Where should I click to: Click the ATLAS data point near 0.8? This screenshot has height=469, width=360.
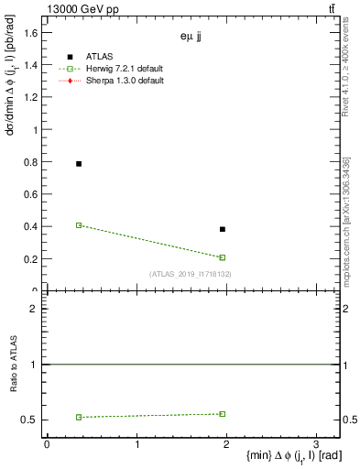(x=79, y=164)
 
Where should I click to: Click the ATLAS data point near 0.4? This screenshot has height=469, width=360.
(x=223, y=229)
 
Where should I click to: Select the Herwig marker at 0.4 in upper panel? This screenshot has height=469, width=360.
(x=79, y=224)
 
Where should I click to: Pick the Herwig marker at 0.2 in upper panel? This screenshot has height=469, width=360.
(x=223, y=257)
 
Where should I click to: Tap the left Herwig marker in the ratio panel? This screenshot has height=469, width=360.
(x=79, y=417)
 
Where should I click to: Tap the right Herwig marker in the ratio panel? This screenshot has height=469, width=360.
(x=223, y=414)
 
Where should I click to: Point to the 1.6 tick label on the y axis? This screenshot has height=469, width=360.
(x=30, y=33)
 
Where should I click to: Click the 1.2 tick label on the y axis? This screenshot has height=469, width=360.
(x=30, y=98)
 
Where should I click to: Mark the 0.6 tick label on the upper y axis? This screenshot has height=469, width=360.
(x=30, y=194)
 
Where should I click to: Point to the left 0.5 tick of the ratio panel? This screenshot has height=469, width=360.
(x=30, y=420)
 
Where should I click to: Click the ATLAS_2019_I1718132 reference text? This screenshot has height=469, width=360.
(x=190, y=274)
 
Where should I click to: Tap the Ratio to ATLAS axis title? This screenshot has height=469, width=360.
(x=12, y=364)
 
